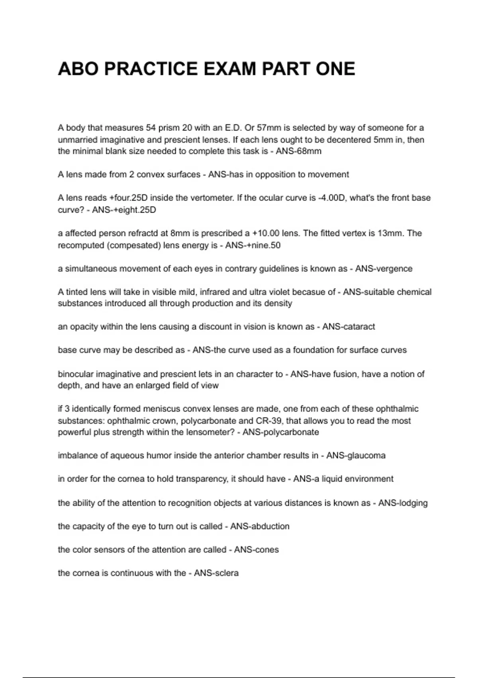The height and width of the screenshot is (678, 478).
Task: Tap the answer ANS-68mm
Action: tap(298, 152)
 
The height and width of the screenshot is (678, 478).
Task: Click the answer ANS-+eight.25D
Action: tap(124, 210)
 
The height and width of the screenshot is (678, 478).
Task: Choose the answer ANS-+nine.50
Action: tap(253, 245)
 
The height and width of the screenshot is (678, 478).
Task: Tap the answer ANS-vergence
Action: tap(384, 269)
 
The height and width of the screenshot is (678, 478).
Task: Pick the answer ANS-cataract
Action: tap(349, 327)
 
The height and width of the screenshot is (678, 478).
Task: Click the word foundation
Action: tap(313, 350)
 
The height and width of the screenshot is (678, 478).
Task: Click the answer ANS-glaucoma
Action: tap(356, 455)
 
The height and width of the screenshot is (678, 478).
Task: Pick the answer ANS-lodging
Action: tap(403, 503)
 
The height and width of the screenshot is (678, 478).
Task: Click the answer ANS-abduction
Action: tap(260, 526)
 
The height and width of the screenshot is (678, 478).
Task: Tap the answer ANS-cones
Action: tap(256, 550)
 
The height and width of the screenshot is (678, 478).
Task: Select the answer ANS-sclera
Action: tap(216, 573)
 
